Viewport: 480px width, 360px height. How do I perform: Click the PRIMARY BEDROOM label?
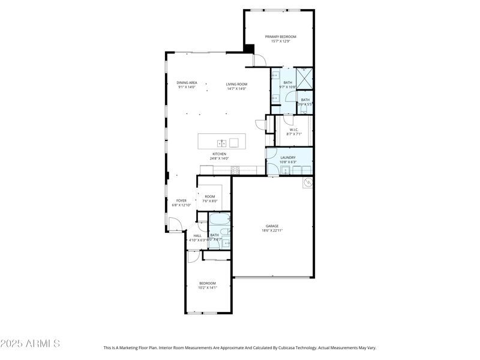pos(281,37)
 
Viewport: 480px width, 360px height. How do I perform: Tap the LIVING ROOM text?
pos(236,83)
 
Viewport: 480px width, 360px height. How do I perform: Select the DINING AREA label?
pos(187,82)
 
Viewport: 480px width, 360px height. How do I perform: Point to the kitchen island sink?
pos(221,143)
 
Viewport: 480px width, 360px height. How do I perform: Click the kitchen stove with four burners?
pos(235,170)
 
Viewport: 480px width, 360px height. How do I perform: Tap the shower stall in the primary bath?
pos(305,78)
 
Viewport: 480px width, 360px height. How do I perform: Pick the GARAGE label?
pos(272,226)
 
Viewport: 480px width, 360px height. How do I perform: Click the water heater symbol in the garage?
pos(308,182)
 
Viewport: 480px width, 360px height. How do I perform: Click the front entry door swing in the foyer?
pos(175,226)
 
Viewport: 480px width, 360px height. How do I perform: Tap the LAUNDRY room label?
pos(288,157)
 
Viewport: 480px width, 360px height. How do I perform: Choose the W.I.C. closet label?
pos(294,130)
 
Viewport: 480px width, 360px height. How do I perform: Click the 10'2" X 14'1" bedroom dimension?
pos(207,287)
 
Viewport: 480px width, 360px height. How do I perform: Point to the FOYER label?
pos(181,200)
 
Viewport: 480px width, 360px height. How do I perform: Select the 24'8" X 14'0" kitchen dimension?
pos(219,158)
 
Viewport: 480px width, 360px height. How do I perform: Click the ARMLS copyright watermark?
pos(30,344)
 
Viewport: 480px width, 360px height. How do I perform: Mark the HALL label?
pos(197,236)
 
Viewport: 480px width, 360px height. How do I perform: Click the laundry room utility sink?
pos(286,170)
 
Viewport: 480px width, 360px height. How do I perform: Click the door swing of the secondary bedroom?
pos(193,257)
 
